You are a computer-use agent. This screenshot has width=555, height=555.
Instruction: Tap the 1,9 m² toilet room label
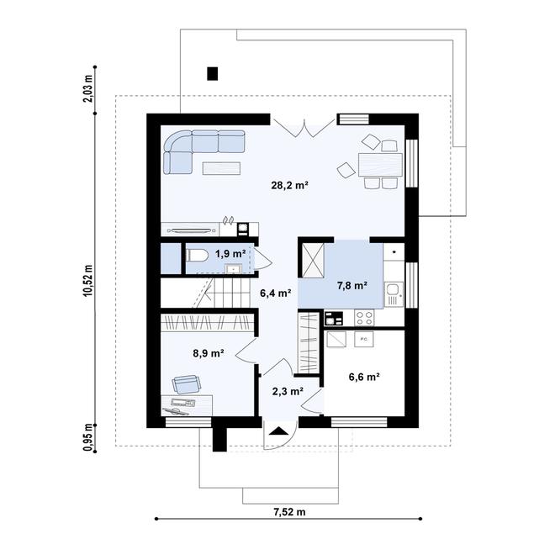[230, 253]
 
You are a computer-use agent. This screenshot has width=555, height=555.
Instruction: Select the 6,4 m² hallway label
[275, 293]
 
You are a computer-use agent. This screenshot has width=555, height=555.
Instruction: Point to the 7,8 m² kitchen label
[351, 286]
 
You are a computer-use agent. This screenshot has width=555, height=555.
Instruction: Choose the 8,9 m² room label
[208, 354]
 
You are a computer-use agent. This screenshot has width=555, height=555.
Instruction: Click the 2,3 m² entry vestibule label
[287, 390]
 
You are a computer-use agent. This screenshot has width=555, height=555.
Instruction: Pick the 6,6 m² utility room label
[364, 378]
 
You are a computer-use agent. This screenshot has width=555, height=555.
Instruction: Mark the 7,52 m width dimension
[289, 511]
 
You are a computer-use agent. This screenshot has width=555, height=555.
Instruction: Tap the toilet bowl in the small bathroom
[196, 255]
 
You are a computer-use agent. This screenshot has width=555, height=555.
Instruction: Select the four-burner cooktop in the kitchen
[365, 318]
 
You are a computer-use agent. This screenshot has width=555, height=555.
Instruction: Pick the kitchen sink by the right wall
[394, 294]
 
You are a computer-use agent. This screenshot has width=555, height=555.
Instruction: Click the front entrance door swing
[278, 433]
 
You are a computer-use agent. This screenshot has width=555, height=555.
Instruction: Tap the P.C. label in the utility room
[364, 340]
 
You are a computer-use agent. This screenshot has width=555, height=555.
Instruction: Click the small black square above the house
[212, 74]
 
